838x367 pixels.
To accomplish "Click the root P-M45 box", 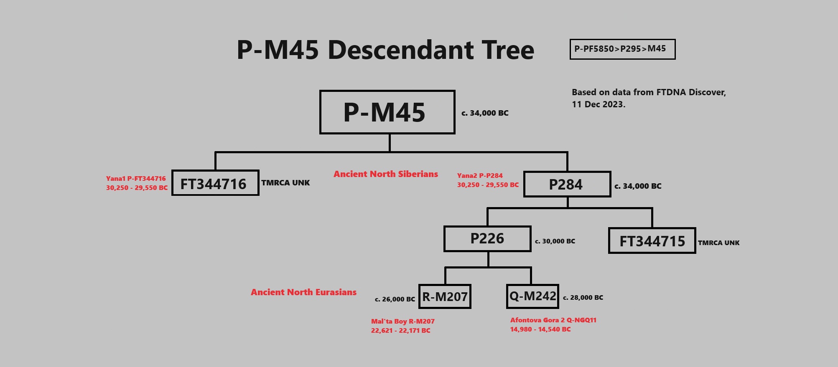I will [387, 112].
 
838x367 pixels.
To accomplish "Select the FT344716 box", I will [215, 183].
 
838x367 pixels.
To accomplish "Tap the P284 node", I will [567, 184].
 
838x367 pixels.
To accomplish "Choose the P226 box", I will [487, 239].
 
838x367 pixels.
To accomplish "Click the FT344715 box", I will [652, 240].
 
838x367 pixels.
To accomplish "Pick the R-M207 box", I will [445, 297].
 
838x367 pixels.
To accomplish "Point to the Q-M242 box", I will [532, 296].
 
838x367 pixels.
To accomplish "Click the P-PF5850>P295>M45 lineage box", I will [622, 49].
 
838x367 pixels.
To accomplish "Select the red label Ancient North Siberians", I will [385, 174].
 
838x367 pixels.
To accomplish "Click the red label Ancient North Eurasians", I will [303, 292].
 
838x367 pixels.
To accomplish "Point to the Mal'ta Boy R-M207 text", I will [403, 321].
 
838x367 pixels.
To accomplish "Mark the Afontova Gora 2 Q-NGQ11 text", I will [553, 320].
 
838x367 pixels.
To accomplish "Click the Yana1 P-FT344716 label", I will [136, 179].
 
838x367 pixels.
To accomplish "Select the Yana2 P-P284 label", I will [480, 176].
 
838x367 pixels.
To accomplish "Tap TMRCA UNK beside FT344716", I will [285, 183].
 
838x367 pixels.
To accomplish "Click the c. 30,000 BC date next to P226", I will [555, 241].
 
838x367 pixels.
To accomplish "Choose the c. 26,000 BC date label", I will [395, 299].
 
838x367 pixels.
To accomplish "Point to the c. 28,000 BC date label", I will [583, 298].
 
